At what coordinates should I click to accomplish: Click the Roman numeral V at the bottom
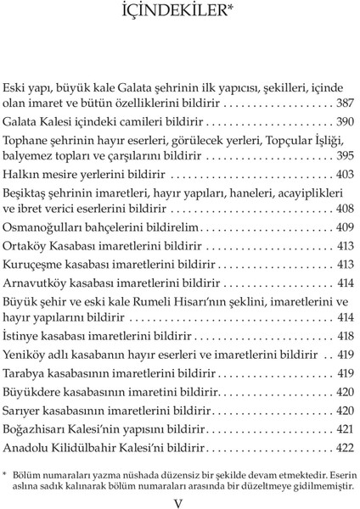(177, 501)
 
